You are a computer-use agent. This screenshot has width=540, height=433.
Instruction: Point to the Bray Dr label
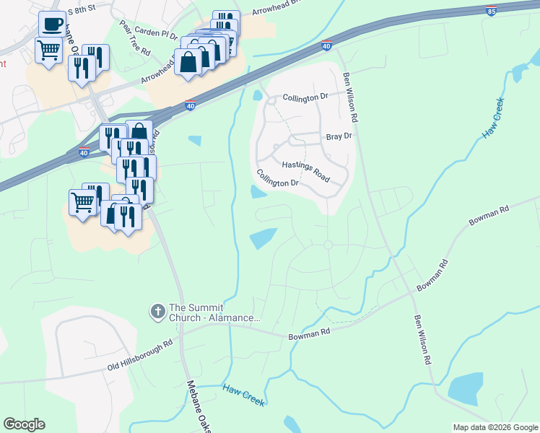[x=339, y=136]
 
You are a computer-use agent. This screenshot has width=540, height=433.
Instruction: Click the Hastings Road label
[x=305, y=172]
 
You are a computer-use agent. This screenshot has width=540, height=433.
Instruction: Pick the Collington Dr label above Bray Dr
[x=305, y=97]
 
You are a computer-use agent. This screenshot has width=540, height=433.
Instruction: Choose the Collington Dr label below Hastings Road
[x=278, y=178]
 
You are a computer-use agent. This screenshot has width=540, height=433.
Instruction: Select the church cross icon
[x=157, y=312]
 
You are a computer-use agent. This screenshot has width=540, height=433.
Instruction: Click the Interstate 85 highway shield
[x=491, y=11]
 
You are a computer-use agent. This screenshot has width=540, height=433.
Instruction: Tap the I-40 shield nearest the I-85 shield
[x=326, y=45]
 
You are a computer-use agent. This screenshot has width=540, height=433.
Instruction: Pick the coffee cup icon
[x=53, y=25]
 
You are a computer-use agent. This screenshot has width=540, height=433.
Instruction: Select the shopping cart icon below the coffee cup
[x=49, y=51]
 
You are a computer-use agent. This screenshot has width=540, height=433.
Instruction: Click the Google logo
[x=24, y=424]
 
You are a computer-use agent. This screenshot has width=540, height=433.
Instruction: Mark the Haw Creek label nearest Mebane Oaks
[x=244, y=395]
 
